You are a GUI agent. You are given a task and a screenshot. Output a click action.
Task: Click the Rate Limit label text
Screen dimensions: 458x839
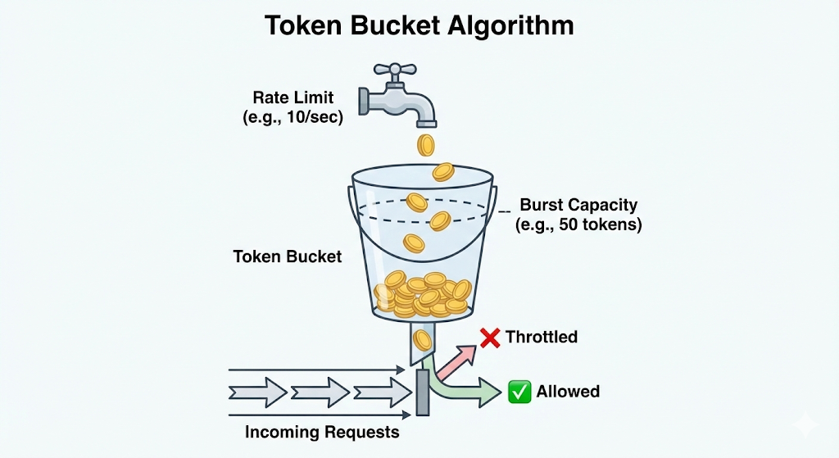[293, 98]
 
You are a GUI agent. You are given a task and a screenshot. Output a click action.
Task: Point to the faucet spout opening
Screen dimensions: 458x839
[425, 122]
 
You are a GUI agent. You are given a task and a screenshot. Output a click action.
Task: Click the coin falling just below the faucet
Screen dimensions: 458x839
[425, 146]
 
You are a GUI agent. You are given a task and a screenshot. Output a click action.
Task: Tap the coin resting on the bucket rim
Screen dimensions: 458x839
[443, 172]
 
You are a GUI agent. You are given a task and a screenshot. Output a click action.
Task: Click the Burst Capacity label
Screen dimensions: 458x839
[578, 205]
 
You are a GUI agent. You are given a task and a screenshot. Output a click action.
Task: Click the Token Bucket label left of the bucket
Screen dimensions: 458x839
[288, 256]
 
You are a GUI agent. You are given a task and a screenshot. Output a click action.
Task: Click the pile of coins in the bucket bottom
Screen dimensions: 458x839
[421, 294]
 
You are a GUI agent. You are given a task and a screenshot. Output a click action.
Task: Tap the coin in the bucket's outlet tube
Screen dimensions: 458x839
[423, 339]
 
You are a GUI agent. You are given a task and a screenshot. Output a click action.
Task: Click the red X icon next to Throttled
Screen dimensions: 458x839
[490, 337]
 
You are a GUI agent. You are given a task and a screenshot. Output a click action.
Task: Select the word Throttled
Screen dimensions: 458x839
[542, 337]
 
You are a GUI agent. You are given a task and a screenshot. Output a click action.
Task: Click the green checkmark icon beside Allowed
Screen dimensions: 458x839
[519, 392]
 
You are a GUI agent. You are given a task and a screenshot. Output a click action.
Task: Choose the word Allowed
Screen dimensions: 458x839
[568, 392]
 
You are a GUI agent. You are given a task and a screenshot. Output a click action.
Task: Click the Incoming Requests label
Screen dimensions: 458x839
[322, 432]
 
